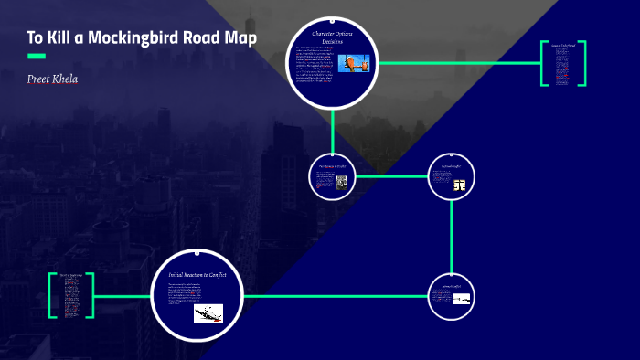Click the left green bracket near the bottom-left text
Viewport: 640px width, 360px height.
[x=52, y=295]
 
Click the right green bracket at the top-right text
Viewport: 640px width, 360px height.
[x=581, y=63]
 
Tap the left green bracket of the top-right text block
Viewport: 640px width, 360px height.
[x=543, y=63]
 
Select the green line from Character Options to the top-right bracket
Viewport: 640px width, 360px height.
[x=457, y=63]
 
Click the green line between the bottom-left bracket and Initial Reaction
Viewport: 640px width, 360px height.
[x=123, y=296]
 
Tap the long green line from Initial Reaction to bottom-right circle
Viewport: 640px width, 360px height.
[x=338, y=296]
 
